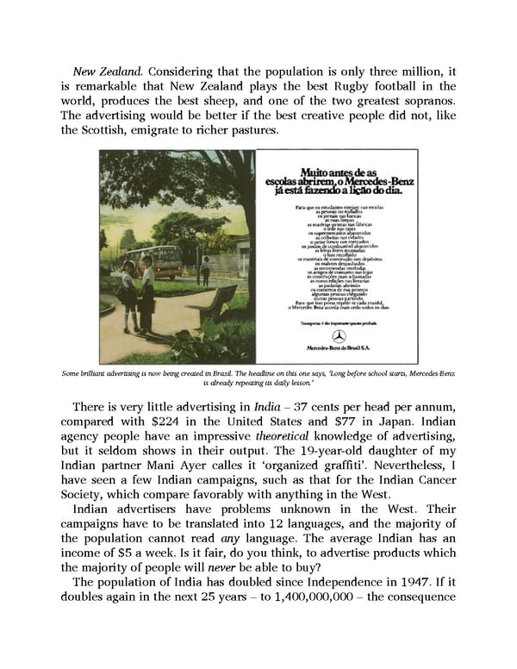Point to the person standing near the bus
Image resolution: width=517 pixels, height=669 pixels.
(204, 271)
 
